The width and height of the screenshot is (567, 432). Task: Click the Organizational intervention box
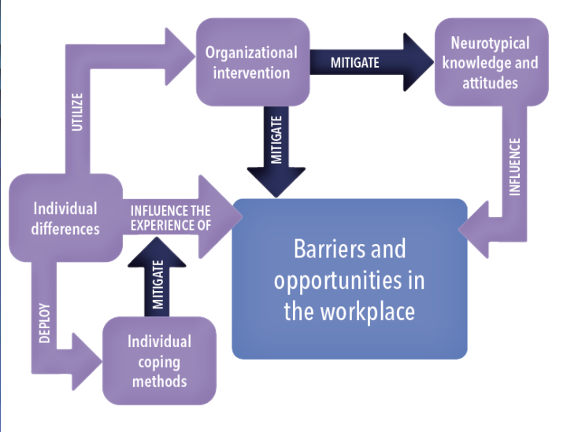251,63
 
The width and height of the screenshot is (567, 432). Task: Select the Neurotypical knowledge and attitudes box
491,62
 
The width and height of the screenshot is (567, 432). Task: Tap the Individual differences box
65,218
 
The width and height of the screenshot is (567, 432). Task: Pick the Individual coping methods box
159,361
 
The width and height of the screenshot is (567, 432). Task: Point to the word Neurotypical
490,43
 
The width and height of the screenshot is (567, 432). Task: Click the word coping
160,362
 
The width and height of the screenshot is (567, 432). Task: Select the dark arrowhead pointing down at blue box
276,179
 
